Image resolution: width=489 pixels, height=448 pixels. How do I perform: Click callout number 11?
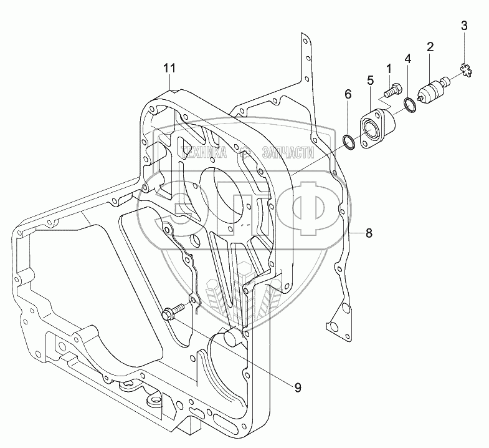pyautogui.click(x=170, y=68)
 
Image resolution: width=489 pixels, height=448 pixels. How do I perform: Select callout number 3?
pyautogui.click(x=463, y=26)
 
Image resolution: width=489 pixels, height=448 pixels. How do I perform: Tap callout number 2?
pyautogui.click(x=430, y=46)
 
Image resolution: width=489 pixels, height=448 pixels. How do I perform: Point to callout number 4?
pyautogui.click(x=407, y=59)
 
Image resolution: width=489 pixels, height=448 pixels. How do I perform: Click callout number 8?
pyautogui.click(x=369, y=233)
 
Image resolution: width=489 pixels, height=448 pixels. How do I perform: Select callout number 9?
pyautogui.click(x=297, y=387)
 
